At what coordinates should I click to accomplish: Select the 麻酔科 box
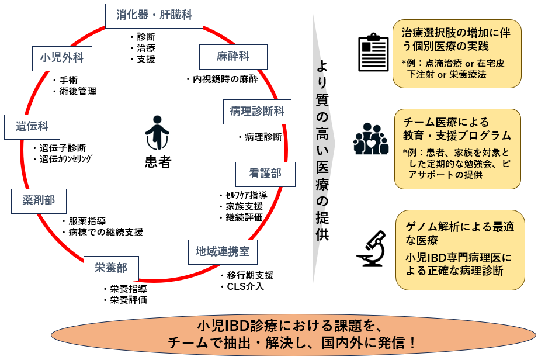pos(233,57)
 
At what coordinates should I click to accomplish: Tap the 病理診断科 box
pos(257,111)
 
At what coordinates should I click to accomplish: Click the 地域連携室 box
pos(223,251)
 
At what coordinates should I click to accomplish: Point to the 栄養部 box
pos(111,268)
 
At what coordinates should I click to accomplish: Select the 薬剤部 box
pos(39,200)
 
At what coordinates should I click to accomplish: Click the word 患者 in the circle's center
pos(157,162)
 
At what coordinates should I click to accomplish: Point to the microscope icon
pos(373,248)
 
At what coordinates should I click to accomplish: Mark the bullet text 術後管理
pos(77,91)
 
